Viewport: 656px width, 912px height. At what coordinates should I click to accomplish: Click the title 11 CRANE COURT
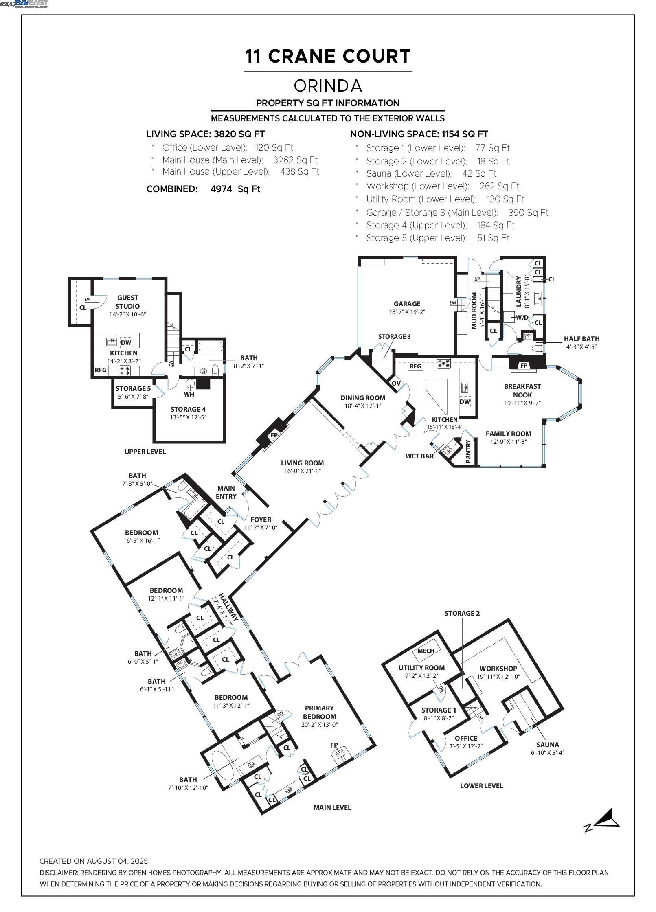tap(328, 56)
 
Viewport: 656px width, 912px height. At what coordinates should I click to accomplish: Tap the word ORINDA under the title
tap(328, 86)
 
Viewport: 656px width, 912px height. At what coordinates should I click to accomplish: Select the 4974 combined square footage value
tap(224, 189)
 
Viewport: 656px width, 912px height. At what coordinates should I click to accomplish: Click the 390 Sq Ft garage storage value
tap(528, 213)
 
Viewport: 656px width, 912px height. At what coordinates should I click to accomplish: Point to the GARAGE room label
tap(406, 304)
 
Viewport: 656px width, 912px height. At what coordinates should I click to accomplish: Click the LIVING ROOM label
tap(302, 463)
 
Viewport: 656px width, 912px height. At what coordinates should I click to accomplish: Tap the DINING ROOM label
tap(362, 398)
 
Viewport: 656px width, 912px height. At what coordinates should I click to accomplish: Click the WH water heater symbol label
tap(189, 394)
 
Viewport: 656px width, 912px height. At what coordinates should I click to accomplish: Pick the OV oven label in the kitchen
tap(396, 384)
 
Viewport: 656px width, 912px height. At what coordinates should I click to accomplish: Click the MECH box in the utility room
tap(426, 651)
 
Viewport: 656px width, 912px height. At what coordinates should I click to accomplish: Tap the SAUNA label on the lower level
tap(547, 745)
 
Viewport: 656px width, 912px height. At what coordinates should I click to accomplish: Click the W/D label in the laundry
tap(522, 317)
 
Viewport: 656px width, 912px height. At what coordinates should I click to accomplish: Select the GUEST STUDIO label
tap(127, 302)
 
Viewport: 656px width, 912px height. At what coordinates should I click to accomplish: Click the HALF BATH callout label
tap(581, 339)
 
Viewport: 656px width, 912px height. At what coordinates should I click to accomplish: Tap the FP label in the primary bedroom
tap(334, 745)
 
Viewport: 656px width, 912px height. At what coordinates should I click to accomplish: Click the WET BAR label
tap(419, 456)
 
